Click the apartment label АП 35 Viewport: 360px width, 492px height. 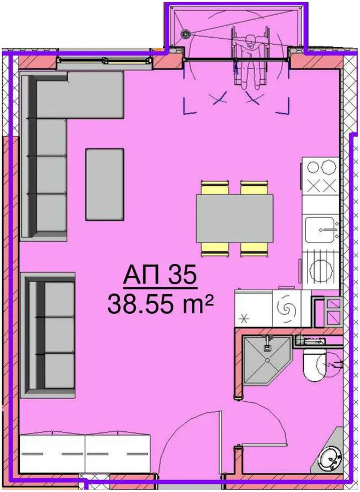coord(160,275)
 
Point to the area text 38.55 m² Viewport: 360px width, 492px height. coord(161,304)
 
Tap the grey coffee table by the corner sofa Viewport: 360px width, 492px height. coord(105,185)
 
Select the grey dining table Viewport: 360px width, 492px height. coord(234,218)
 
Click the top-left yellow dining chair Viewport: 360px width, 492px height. coord(215,188)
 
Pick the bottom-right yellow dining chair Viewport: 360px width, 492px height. coord(255,249)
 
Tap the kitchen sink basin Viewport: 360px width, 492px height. coord(321,230)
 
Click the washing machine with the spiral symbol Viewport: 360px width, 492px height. coord(287,309)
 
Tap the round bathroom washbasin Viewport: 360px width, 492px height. coord(329,459)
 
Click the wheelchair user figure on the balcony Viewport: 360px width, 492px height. coord(250,58)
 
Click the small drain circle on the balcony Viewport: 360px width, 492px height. coord(186,33)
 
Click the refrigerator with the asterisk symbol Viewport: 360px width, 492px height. coord(253,309)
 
